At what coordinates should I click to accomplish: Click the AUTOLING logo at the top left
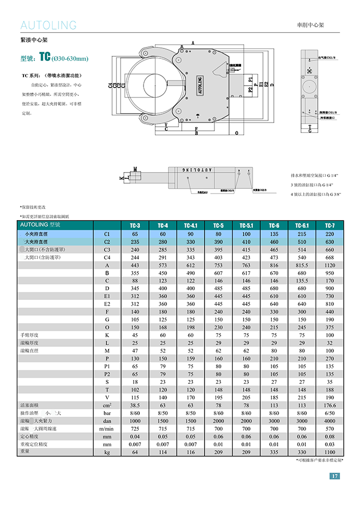pos(48,25)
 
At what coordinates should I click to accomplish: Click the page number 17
pos(335,476)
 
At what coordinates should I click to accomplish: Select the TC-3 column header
pos(135,225)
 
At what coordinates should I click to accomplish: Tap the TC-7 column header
pos(330,225)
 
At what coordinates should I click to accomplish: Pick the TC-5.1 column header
pos(246,225)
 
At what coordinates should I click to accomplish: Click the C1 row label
pos(107,234)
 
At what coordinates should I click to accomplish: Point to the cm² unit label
pos(107,405)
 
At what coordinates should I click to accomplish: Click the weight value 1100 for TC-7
pos(330,452)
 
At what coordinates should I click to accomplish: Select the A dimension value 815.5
pos(302,265)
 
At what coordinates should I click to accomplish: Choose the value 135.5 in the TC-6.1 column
pos(302,281)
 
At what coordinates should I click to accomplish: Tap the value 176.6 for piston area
pos(330,405)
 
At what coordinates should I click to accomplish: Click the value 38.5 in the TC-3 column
pos(135,405)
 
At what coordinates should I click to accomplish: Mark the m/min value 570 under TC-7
pos(330,428)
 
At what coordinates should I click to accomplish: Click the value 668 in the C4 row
pos(330,258)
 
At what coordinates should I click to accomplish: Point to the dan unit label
pos(107,421)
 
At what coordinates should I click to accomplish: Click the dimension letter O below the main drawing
pos(236,134)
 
